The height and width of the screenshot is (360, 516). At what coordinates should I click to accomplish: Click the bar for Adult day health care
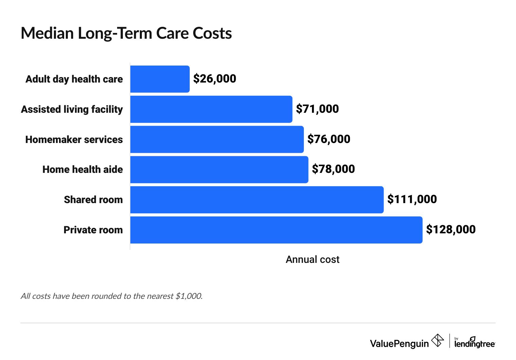[160, 79]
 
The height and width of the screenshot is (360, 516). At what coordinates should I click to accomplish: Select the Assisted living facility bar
[211, 109]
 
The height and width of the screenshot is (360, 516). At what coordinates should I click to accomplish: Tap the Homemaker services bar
[217, 139]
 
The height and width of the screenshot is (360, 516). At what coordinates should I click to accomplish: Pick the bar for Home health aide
[219, 169]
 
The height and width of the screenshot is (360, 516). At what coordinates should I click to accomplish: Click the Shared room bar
[257, 200]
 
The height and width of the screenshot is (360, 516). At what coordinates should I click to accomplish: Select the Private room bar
[276, 230]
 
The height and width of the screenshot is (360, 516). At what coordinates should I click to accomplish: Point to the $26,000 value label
[215, 79]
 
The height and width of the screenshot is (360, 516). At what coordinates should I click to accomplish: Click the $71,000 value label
[317, 109]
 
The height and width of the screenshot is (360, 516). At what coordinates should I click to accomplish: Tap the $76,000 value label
[329, 139]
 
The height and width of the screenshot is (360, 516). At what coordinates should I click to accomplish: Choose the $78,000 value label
[333, 169]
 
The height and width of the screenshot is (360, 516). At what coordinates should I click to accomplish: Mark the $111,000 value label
[412, 199]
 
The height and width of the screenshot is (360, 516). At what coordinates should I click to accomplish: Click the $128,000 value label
[451, 230]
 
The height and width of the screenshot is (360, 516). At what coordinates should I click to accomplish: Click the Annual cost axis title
[312, 259]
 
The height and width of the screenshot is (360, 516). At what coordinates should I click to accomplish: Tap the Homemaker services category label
[74, 140]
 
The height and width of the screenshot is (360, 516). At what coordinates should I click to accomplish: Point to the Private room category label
[93, 230]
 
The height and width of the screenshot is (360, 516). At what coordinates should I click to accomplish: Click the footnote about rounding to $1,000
[112, 296]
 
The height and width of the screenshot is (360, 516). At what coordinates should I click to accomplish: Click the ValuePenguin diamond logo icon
[438, 340]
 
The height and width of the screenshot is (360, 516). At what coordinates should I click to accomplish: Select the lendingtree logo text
[475, 344]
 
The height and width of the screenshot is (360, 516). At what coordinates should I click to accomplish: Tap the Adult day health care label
[74, 79]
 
